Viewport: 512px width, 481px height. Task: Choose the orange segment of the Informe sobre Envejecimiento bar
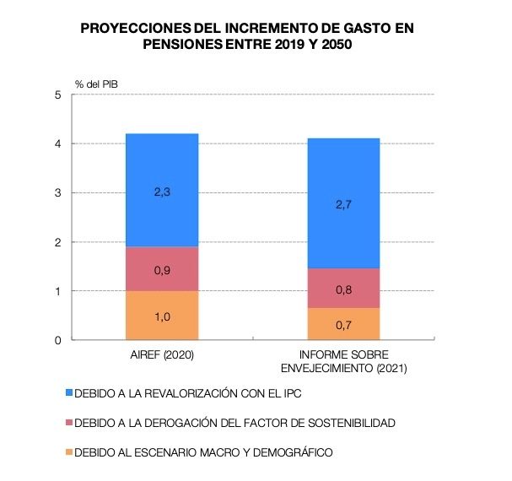pos(343,324)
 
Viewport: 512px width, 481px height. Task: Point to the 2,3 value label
pos(162,192)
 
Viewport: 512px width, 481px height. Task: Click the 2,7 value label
pos(343,203)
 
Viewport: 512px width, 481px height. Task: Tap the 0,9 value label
pos(162,271)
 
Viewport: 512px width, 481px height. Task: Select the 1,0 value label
pos(162,316)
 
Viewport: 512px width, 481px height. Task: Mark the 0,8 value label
pos(343,289)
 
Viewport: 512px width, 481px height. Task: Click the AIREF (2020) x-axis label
pos(162,355)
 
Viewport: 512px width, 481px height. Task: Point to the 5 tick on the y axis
pos(57,95)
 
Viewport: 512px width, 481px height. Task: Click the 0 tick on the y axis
pos(57,340)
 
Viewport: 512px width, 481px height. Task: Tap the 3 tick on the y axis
pos(57,193)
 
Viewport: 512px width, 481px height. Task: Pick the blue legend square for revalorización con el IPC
pos(68,393)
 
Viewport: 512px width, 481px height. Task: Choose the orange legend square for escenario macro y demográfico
pos(68,452)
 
